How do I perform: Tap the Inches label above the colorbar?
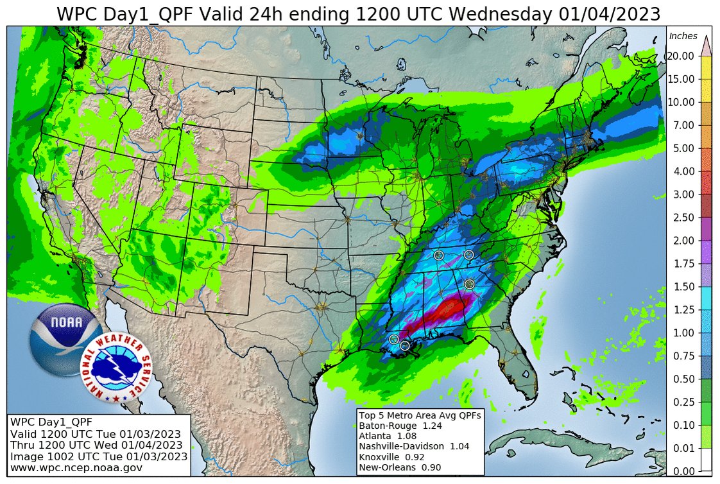tap(683, 36)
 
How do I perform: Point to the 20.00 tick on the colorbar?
tap(680, 56)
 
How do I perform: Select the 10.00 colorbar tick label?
tap(680, 102)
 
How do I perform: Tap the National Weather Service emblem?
tap(116, 368)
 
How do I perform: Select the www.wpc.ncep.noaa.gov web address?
tap(76, 468)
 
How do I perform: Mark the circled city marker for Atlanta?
tap(469, 284)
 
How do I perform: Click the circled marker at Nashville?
tap(439, 255)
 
